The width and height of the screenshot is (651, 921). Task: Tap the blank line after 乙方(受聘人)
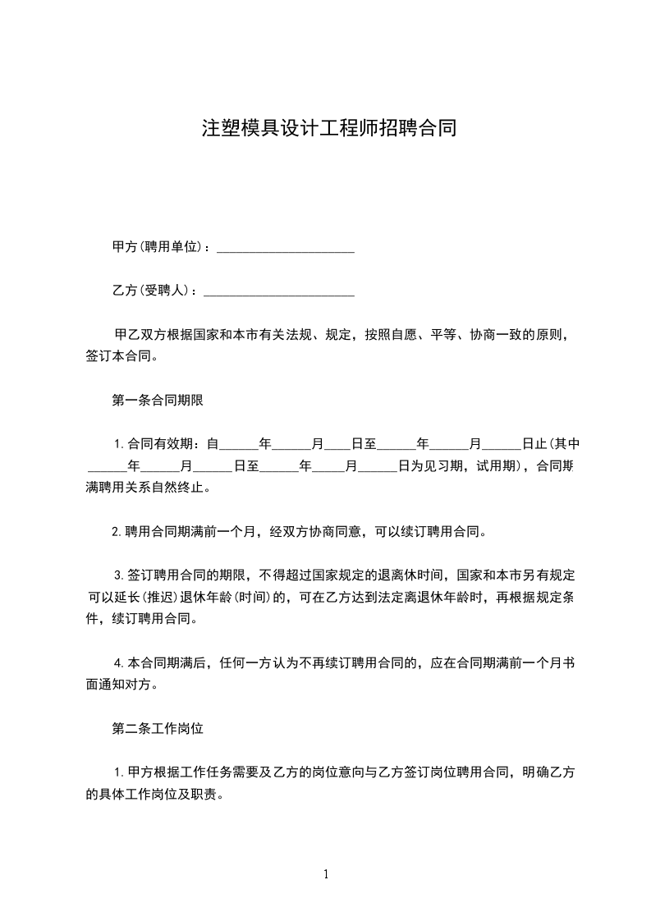click(x=278, y=291)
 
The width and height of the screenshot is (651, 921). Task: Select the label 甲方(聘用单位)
click(x=161, y=247)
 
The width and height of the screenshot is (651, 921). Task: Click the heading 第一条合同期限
click(x=157, y=401)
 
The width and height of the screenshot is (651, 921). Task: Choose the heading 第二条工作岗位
click(x=157, y=728)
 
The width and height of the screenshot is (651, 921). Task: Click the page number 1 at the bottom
click(x=326, y=875)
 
